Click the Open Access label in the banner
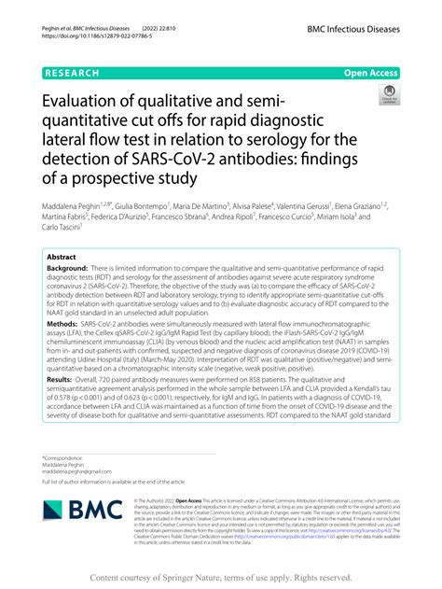coord(371,72)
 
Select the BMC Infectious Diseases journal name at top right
coord(359,30)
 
